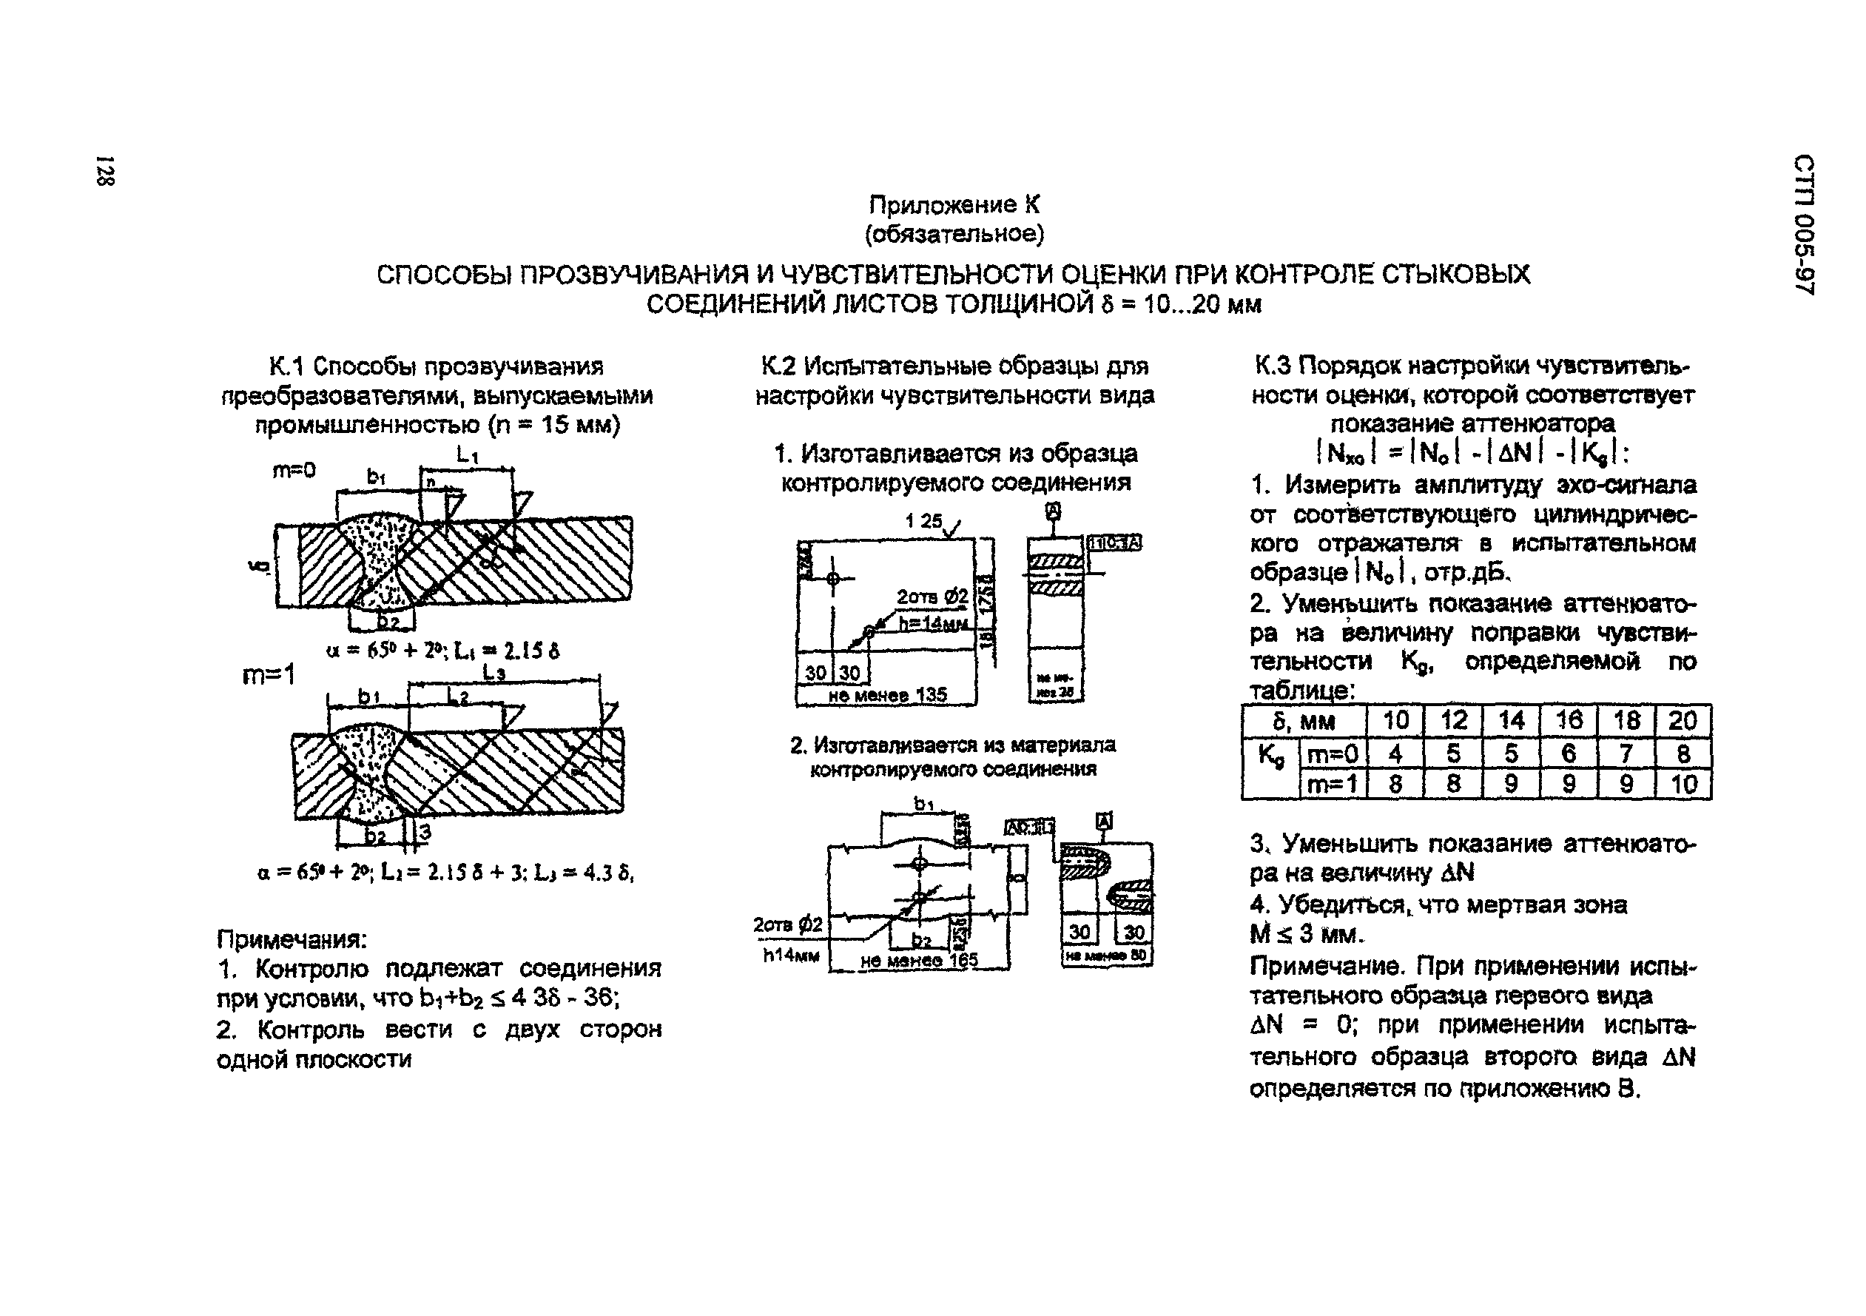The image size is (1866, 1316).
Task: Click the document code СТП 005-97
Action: tap(1802, 224)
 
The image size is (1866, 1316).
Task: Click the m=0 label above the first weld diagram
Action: tap(294, 470)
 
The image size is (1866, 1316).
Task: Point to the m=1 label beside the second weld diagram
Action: tap(269, 676)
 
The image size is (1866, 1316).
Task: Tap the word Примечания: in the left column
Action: tap(292, 940)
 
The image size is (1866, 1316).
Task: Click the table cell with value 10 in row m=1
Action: tap(1683, 785)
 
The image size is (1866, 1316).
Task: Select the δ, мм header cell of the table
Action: tap(1304, 721)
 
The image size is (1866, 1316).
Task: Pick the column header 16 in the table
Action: tap(1568, 720)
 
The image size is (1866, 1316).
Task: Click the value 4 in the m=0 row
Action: tap(1395, 753)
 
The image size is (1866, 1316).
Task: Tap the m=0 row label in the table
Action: tap(1333, 754)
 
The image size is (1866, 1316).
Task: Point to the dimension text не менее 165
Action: tap(918, 961)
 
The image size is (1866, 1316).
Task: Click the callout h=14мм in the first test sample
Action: tap(933, 623)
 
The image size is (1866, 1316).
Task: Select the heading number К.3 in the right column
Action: tap(1273, 366)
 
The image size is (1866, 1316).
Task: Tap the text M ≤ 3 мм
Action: tap(1305, 935)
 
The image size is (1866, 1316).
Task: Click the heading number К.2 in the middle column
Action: tap(778, 366)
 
